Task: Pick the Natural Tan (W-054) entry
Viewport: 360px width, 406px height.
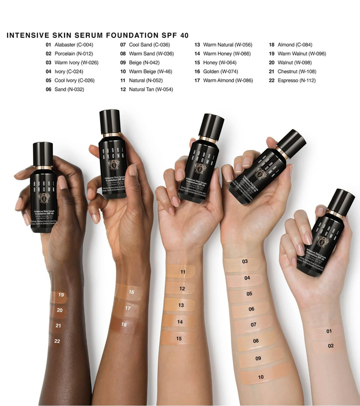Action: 150,89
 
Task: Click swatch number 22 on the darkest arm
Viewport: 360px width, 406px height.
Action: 57,341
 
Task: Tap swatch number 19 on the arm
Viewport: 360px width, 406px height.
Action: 60,296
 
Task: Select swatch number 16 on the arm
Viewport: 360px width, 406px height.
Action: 131,292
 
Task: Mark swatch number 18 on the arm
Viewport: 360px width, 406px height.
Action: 124,325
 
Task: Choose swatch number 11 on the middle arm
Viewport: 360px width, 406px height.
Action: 183,272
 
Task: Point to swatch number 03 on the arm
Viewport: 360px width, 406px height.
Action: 244,262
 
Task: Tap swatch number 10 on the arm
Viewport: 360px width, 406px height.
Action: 261,377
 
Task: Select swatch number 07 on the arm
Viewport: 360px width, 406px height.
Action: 253,325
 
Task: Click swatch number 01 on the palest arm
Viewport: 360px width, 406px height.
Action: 328,331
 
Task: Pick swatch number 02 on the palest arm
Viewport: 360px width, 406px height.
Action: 330,346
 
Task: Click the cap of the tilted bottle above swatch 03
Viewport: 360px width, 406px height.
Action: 292,141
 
